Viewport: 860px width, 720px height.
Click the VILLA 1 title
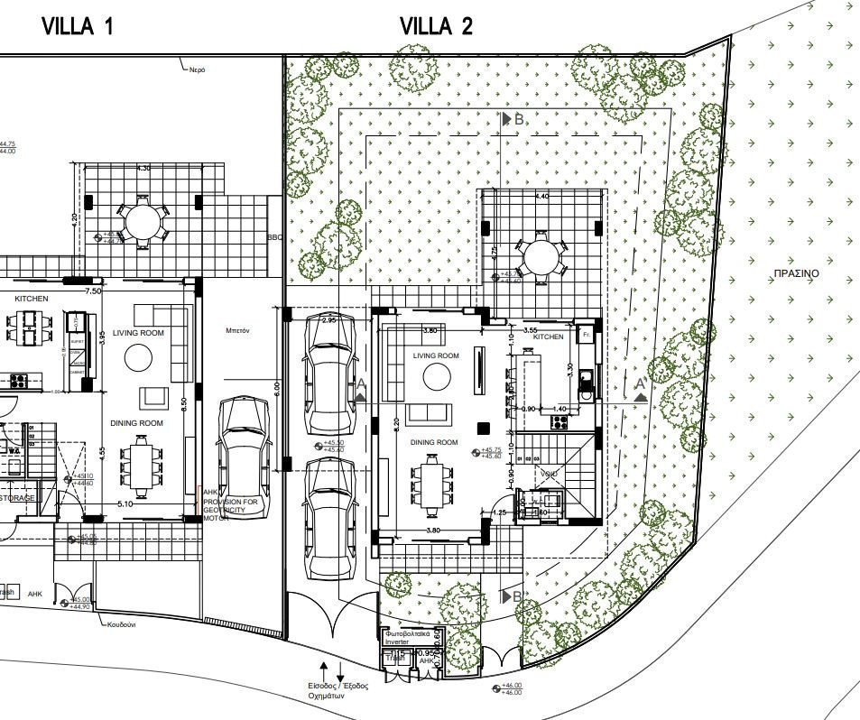coord(79,26)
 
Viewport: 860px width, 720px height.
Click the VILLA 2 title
coord(436,26)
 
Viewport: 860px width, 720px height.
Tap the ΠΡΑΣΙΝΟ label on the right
coord(796,272)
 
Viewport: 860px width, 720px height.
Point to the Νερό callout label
coord(198,69)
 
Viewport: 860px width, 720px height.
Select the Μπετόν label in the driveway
coord(237,331)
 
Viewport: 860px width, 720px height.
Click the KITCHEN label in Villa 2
coord(549,337)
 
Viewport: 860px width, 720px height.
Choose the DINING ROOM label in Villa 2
coord(436,442)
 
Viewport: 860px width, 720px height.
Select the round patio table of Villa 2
coord(539,256)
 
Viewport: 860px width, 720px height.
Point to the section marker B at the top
coord(513,118)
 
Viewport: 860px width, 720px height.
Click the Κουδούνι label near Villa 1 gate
coord(121,624)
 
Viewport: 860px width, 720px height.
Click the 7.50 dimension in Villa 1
coord(93,291)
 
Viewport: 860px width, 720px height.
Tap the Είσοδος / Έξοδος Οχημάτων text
coord(338,691)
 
